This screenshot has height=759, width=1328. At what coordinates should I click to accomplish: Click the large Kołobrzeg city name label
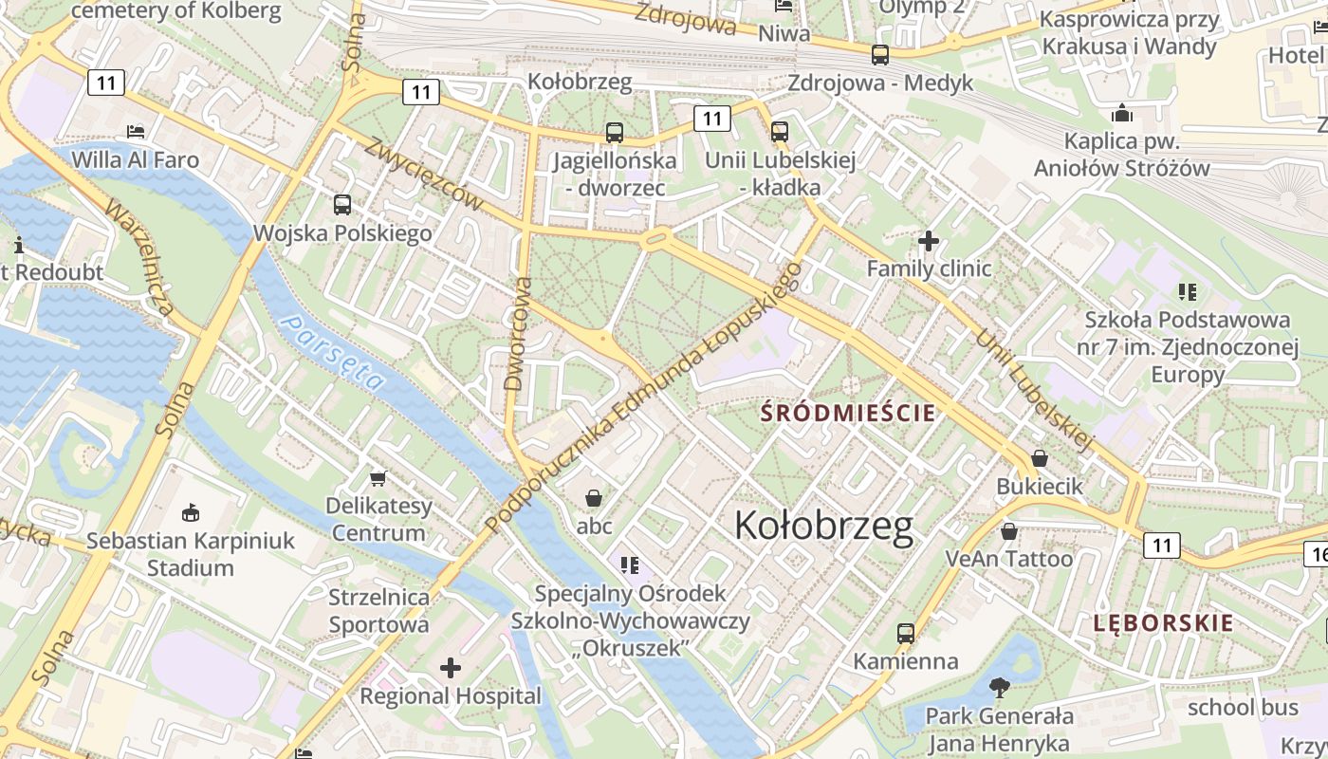pos(823,526)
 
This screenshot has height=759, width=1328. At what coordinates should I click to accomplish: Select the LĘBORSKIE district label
pos(1163,623)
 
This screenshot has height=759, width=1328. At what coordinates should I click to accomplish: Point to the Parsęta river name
pos(334,353)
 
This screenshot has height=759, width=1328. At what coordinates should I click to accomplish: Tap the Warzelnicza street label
pos(139,256)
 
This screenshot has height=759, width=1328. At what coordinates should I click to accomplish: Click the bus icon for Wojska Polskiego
pos(341,204)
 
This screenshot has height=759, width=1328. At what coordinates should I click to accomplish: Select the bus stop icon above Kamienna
pos(906,633)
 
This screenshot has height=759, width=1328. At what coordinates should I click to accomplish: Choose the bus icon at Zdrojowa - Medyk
pos(880,55)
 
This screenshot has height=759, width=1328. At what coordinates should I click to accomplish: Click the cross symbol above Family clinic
pos(929,241)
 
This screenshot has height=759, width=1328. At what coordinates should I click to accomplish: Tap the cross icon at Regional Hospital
pos(451,668)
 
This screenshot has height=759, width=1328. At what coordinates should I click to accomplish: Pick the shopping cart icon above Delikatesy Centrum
pos(378,478)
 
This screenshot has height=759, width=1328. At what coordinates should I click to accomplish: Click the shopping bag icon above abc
pos(594,498)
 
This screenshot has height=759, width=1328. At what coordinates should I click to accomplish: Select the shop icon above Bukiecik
pos(1040,458)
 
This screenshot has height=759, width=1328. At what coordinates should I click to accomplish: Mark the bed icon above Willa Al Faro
pos(136,131)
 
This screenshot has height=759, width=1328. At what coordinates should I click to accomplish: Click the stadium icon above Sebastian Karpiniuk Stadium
pos(190,512)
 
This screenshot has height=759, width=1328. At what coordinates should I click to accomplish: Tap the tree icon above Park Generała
pos(999,687)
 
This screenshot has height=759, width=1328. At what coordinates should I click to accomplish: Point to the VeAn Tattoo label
pos(1009,558)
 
